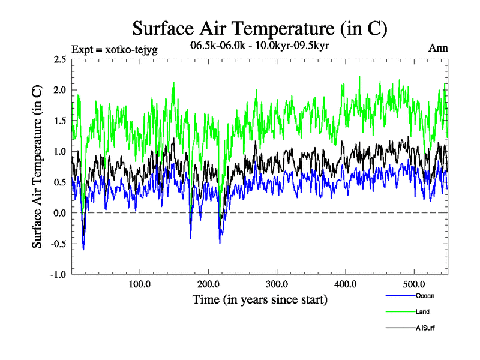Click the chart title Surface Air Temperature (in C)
click(259, 29)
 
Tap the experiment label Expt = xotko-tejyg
click(114, 49)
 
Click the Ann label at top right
click(437, 48)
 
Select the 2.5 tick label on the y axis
click(59, 59)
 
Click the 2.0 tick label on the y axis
click(59, 90)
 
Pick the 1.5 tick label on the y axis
click(59, 121)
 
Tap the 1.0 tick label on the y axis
click(59, 151)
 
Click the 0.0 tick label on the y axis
click(59, 213)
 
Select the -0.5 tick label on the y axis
click(58, 244)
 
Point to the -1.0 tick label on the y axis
click(58, 274)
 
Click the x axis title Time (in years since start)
click(259, 299)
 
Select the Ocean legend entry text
click(425, 296)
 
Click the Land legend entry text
click(422, 312)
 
